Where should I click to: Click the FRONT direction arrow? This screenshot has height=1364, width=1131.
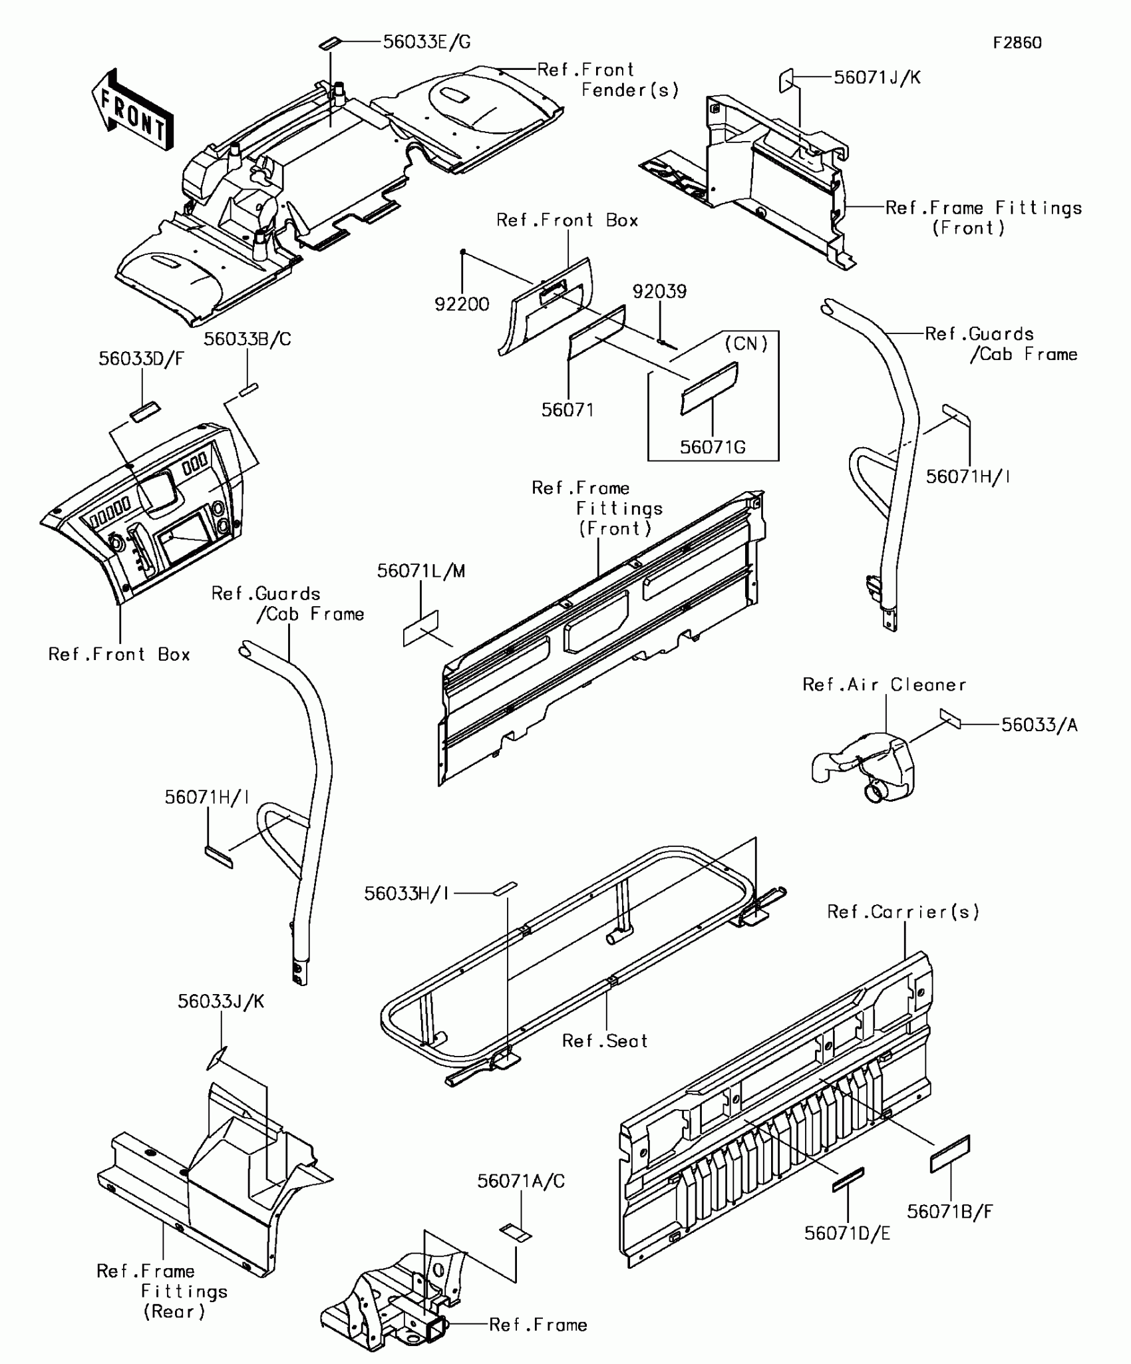(x=132, y=110)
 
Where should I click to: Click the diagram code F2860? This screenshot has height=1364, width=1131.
(x=1017, y=43)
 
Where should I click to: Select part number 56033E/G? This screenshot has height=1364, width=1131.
(x=426, y=43)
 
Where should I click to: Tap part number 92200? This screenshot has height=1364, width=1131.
(x=462, y=304)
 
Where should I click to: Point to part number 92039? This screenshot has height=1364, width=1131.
(x=659, y=291)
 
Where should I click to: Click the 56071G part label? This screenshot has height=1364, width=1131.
(x=713, y=447)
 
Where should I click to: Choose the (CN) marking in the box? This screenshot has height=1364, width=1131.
(x=746, y=343)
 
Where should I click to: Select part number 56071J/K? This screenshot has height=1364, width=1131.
(x=877, y=78)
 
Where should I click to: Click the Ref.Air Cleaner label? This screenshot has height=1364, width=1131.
(x=884, y=685)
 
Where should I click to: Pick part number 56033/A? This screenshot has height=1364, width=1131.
(x=1039, y=725)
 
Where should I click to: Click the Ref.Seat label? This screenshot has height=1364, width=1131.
(x=605, y=1041)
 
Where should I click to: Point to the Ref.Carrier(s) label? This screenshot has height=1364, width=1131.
(x=903, y=912)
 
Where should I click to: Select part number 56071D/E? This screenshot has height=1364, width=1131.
(x=847, y=1233)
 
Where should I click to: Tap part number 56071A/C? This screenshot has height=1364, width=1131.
(x=521, y=1181)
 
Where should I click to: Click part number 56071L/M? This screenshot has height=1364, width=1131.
(x=421, y=571)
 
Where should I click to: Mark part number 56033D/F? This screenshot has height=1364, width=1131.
(x=141, y=359)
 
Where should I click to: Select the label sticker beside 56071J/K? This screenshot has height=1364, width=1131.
(x=786, y=81)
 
